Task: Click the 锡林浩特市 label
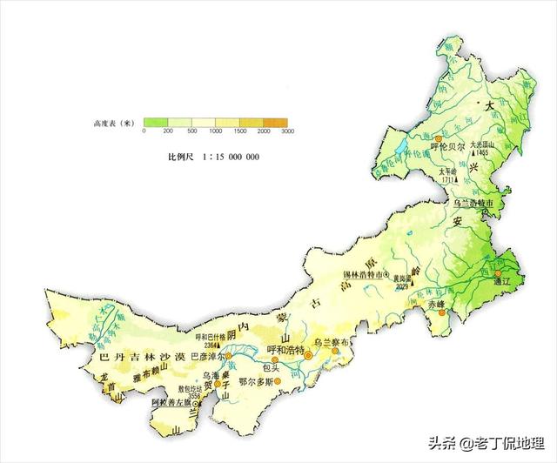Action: (x=355, y=277)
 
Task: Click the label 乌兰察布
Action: (x=334, y=344)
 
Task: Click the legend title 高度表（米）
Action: (x=112, y=124)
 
